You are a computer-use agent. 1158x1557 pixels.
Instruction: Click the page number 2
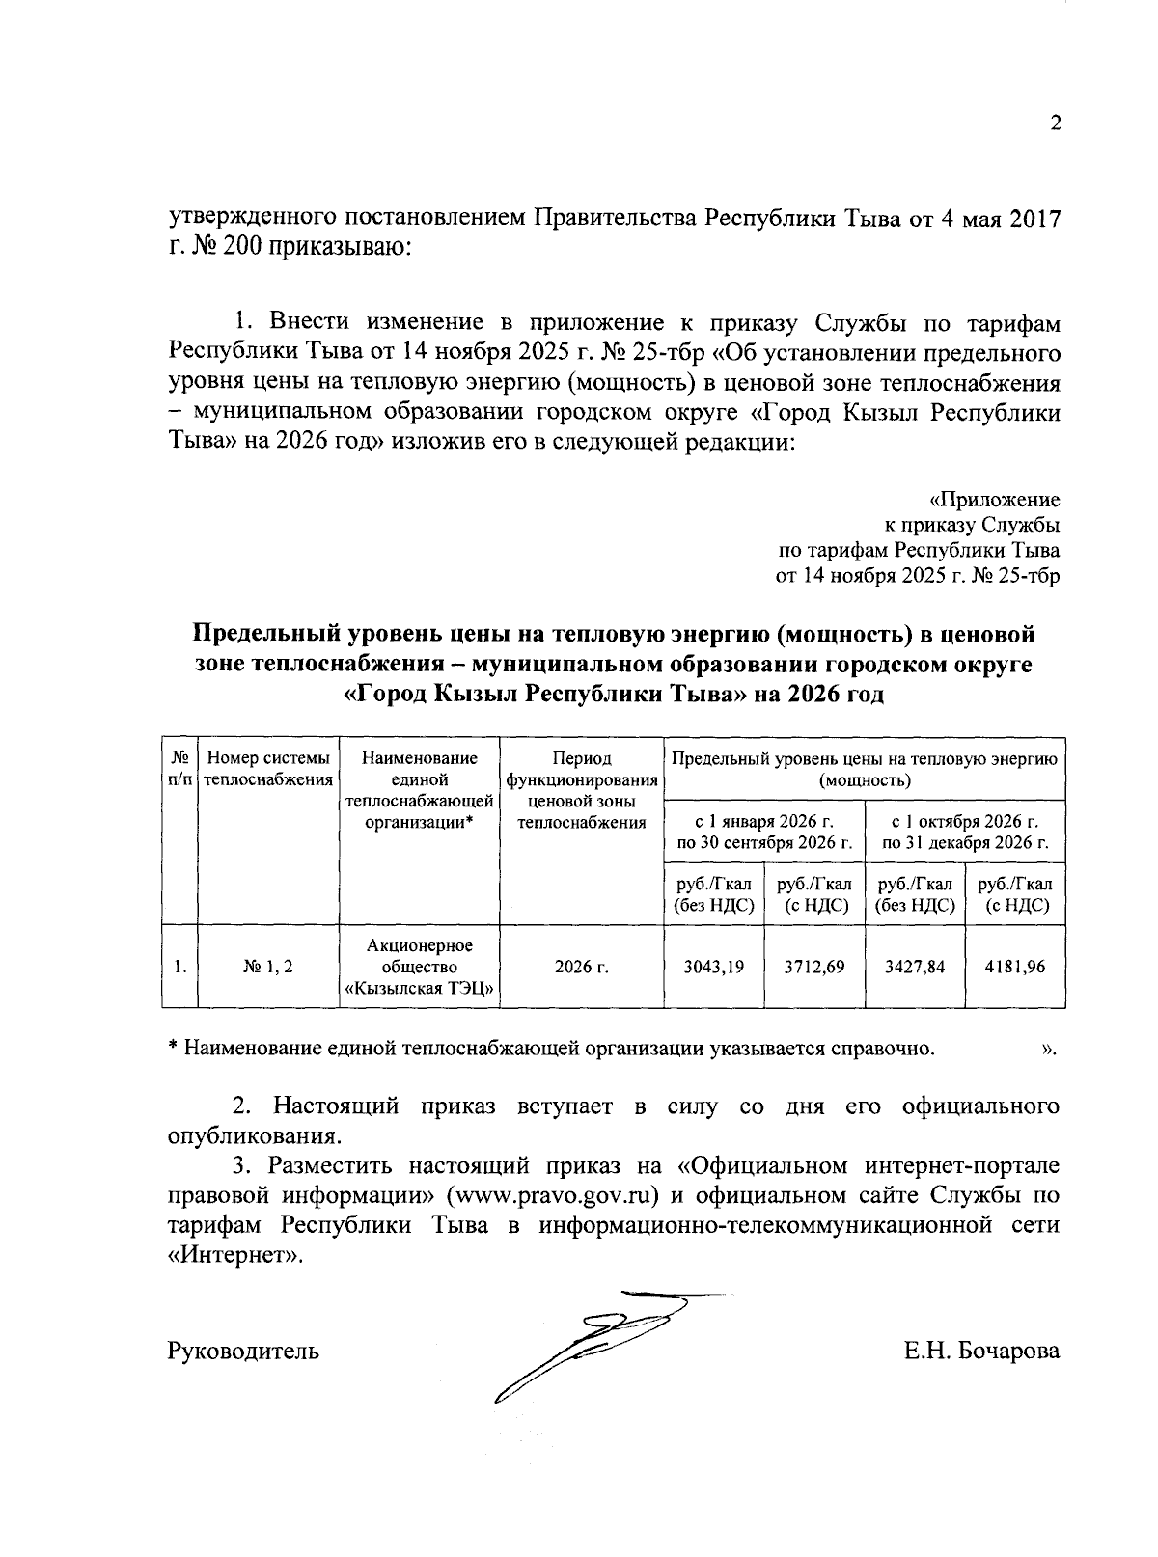point(1055,123)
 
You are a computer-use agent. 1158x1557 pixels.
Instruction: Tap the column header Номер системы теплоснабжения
point(268,769)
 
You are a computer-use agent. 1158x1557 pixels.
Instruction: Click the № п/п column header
point(179,769)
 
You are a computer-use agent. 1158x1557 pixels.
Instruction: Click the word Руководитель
point(244,1351)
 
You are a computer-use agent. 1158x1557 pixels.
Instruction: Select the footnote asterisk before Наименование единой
point(174,1048)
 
